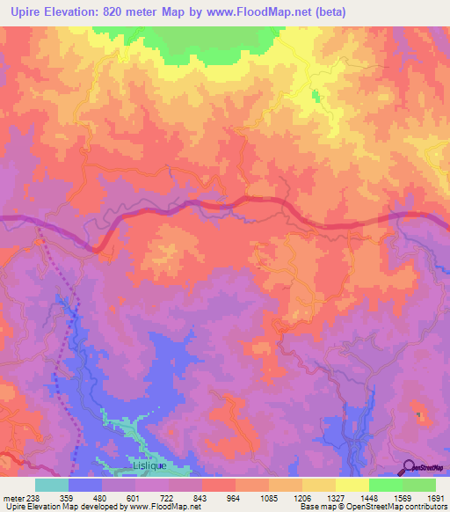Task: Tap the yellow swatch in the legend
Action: click(352, 485)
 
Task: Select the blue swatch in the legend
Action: click(85, 485)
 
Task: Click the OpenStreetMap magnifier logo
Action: click(409, 468)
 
